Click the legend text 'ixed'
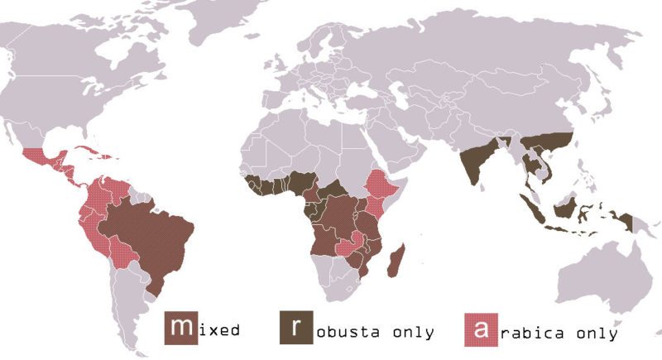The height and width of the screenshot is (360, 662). pyautogui.click(x=218, y=331)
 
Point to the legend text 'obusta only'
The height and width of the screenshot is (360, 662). pyautogui.click(x=375, y=333)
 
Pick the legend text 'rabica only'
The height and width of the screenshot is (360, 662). pyautogui.click(x=558, y=334)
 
